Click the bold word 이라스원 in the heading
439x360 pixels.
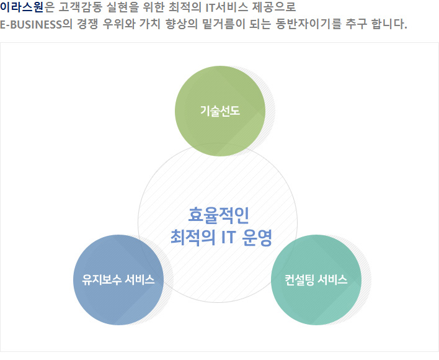click(x=22, y=7)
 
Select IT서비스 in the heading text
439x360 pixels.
click(x=227, y=7)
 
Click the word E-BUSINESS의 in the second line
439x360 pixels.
click(x=36, y=24)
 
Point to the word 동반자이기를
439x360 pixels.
click(x=309, y=24)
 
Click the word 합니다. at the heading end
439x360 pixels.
click(x=389, y=24)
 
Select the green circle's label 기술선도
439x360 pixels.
click(x=220, y=110)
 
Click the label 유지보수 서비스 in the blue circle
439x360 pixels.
click(x=118, y=279)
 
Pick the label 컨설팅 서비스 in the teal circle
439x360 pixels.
click(x=316, y=279)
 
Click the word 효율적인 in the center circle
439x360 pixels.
click(x=219, y=215)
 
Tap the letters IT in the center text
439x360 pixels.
click(x=228, y=237)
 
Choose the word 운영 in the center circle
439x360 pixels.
click(x=257, y=238)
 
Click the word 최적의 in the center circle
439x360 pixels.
click(x=193, y=238)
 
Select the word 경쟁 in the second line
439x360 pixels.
click(x=87, y=24)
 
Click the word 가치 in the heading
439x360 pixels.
click(x=150, y=24)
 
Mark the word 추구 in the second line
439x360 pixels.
click(x=357, y=24)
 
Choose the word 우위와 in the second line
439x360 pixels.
click(x=118, y=24)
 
